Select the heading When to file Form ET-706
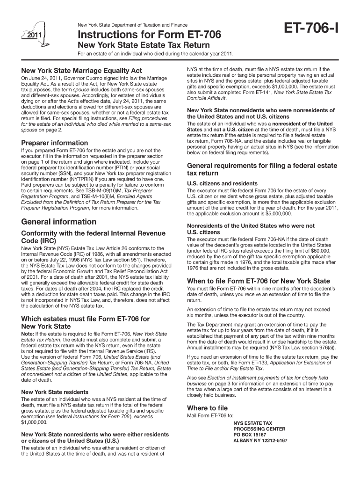[x=258, y=281]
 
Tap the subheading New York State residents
[x=55, y=392]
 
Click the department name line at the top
[x=132, y=24]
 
